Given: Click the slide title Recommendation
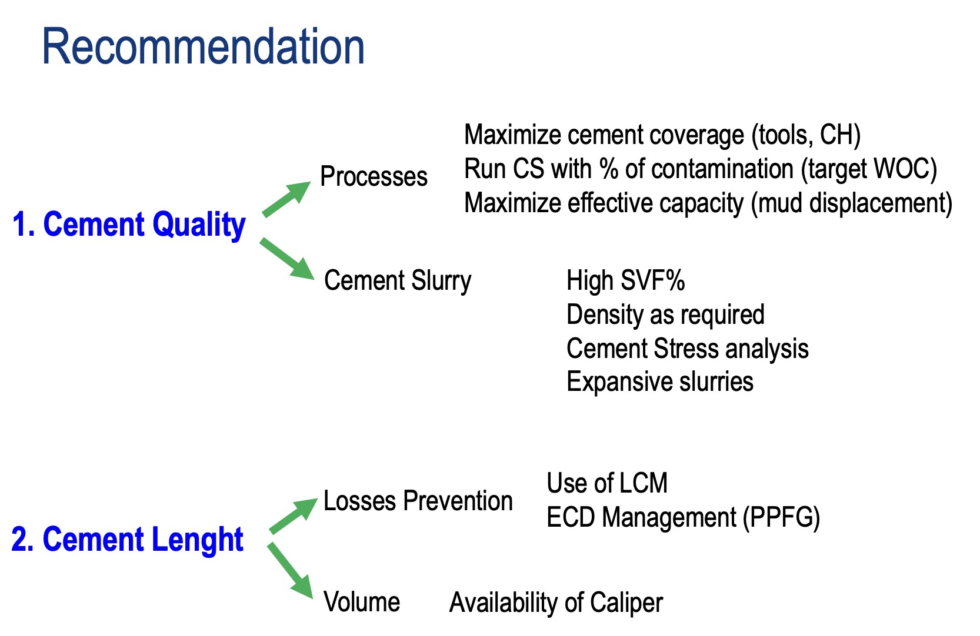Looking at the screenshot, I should [203, 47].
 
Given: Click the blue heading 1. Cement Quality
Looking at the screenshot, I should [128, 225].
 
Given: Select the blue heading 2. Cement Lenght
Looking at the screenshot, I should [127, 540].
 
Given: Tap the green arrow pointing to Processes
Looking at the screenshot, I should [286, 199].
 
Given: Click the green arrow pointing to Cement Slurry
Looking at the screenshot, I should [287, 259].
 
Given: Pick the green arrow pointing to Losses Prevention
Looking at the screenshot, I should [294, 516].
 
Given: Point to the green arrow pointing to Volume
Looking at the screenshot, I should [291, 570].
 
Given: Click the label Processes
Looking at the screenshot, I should [374, 177].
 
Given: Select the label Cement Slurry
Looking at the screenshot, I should [398, 281].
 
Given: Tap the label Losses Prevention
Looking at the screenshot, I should [418, 501].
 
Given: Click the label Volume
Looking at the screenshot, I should [362, 602].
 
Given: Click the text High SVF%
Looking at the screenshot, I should [625, 281].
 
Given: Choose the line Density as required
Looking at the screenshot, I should [665, 315].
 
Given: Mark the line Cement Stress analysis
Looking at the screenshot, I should [687, 349].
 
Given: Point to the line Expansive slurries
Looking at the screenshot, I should [659, 382].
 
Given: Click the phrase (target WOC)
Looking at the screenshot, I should [869, 169].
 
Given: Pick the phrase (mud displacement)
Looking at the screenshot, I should [851, 203].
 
